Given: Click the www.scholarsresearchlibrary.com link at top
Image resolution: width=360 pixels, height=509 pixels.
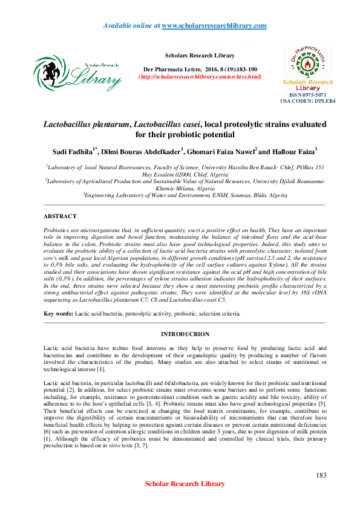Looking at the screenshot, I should pyautogui.click(x=214, y=25).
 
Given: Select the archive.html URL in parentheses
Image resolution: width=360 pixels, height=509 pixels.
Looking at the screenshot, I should pyautogui.click(x=201, y=77).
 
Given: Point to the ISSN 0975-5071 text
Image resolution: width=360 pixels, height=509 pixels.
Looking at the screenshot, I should pyautogui.click(x=308, y=95).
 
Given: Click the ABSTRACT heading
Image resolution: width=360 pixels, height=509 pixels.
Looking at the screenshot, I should pyautogui.click(x=60, y=216).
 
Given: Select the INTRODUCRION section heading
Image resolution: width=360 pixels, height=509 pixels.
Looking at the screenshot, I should pyautogui.click(x=185, y=334).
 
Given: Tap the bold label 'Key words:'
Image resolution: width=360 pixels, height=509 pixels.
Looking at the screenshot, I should pyautogui.click(x=58, y=314).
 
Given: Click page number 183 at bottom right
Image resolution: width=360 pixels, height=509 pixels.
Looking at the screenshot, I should pyautogui.click(x=321, y=475).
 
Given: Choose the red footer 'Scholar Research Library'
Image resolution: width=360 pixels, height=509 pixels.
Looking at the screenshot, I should pyautogui.click(x=185, y=484).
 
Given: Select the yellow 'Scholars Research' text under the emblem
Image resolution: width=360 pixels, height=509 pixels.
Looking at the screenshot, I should pyautogui.click(x=308, y=82).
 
